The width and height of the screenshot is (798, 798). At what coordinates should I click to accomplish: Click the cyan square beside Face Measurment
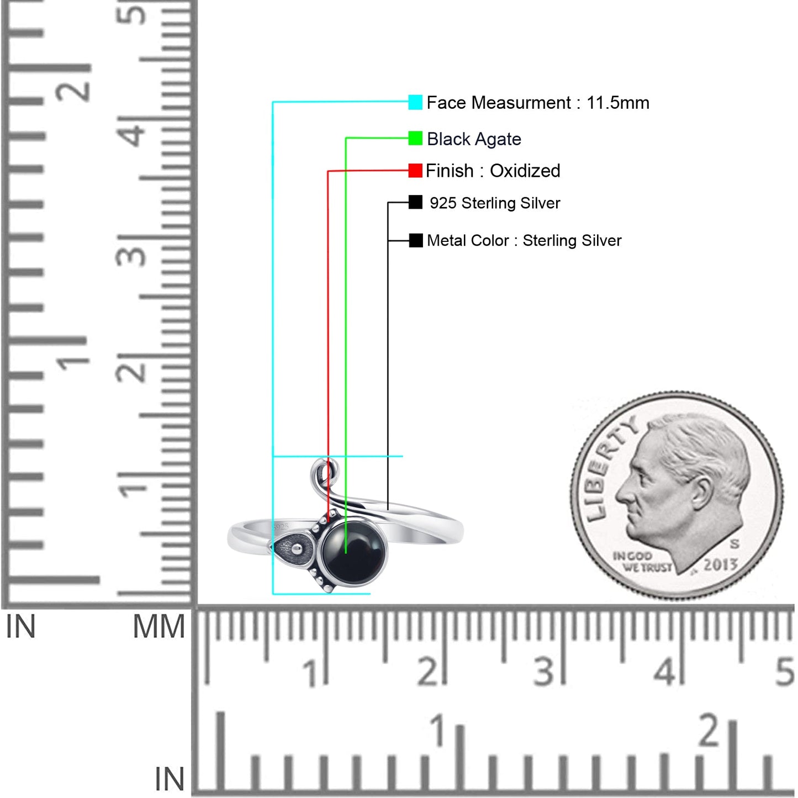coord(415,102)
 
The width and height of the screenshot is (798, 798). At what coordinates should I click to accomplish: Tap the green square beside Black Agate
coord(415,138)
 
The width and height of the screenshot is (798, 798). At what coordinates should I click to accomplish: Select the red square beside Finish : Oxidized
coord(415,170)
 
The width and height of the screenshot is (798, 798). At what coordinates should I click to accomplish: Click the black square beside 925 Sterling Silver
coord(415,202)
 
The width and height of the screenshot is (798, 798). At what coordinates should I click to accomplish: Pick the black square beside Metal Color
coord(416,240)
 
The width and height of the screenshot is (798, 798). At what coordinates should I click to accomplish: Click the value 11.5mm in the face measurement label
coord(618,103)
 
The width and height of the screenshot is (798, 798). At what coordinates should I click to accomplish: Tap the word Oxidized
coord(525,171)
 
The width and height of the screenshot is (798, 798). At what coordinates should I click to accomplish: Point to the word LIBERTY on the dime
coord(608,468)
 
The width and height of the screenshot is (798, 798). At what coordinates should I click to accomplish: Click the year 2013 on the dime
coord(721,564)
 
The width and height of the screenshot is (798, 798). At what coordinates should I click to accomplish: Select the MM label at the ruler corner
coord(159,627)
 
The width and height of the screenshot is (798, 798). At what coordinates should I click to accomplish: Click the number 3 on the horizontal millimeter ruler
coord(543,672)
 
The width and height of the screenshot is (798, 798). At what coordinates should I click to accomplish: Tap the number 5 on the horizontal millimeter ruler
coord(785,672)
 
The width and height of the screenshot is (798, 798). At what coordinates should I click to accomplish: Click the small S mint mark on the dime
coord(734,544)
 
